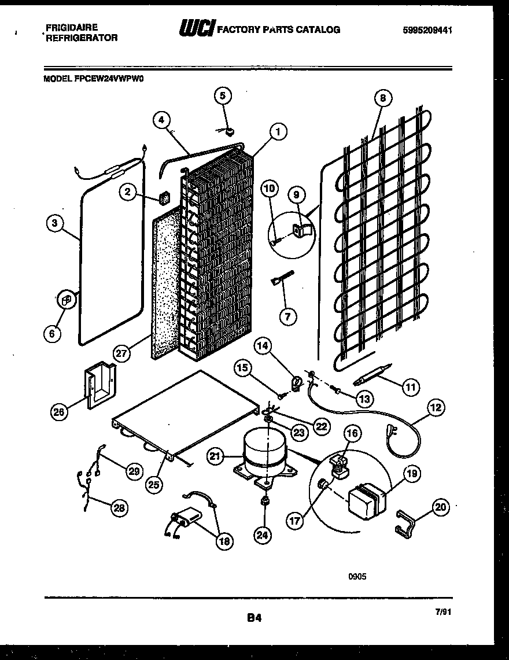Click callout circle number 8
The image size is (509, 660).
(x=382, y=98)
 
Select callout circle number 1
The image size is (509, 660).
(x=278, y=132)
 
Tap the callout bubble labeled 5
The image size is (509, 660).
(x=224, y=95)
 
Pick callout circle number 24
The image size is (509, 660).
(x=263, y=536)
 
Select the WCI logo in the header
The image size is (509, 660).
(x=197, y=28)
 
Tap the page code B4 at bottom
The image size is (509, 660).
(x=254, y=618)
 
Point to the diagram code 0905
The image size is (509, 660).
(x=357, y=576)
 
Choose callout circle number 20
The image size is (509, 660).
(x=440, y=508)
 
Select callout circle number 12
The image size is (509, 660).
(x=436, y=408)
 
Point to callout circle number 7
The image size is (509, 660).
(x=287, y=316)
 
